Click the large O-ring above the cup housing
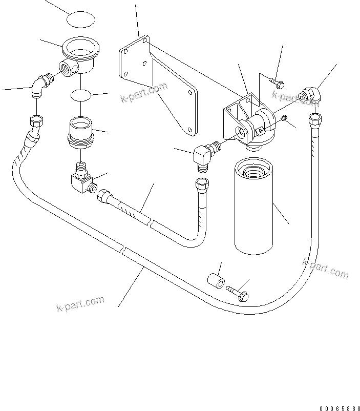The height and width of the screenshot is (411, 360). [x=81, y=20]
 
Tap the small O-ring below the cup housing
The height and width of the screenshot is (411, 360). [x=81, y=95]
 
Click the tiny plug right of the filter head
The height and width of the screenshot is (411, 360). [x=285, y=119]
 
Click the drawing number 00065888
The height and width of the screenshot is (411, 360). [x=337, y=408]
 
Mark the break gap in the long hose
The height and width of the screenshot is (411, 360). [x=123, y=249]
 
